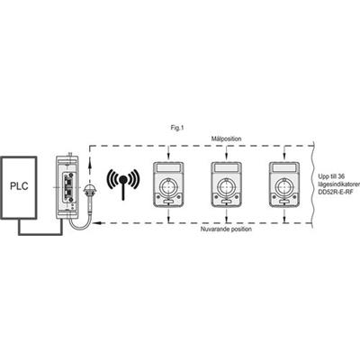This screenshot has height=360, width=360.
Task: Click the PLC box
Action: click(19, 186)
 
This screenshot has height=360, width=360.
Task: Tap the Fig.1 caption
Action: click(176, 128)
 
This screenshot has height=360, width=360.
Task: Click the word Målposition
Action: click(226, 139)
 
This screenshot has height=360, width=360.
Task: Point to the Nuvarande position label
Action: click(226, 229)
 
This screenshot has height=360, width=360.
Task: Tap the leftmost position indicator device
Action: click(168, 184)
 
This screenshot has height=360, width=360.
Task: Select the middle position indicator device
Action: click(226, 184)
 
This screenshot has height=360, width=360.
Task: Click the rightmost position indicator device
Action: click(284, 184)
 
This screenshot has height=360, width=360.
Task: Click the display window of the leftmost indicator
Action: click(168, 167)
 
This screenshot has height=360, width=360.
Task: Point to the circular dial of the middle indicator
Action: click(226, 186)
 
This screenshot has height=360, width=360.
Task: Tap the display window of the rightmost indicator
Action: click(284, 167)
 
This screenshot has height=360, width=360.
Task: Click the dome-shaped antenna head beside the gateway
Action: click(88, 189)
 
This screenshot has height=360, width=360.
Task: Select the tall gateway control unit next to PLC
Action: click(67, 186)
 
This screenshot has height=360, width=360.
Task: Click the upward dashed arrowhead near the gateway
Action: click(89, 162)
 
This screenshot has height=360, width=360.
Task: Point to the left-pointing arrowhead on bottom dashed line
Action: click(96, 223)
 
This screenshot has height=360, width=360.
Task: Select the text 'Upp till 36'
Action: click(332, 176)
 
